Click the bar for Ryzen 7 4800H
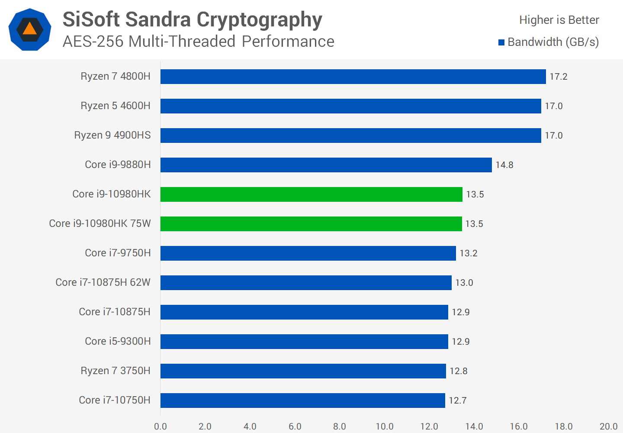point(353,77)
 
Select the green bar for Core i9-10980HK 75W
point(311,224)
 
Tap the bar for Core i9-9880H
point(326,165)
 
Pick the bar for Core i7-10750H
point(302,401)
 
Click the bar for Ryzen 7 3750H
point(303,371)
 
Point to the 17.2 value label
point(558,77)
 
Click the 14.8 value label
point(504,165)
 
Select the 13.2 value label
point(468,253)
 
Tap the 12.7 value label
point(457,401)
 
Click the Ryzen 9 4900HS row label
point(112,136)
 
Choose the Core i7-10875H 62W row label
point(103,283)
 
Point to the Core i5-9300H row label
point(118,342)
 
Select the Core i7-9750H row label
point(118,253)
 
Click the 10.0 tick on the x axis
point(384,427)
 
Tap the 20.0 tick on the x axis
point(608,427)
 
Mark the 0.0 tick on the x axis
point(161,427)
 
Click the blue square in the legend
point(501,42)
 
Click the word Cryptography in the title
point(259,19)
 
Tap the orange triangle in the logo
point(29,29)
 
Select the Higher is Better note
point(559,20)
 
